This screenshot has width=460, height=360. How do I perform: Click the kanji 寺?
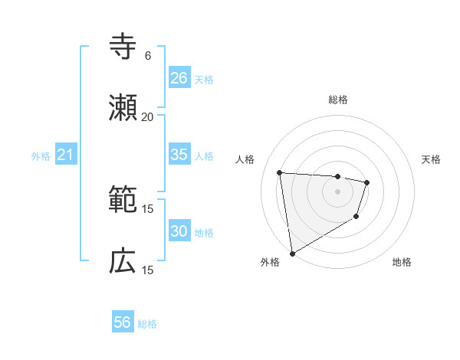[x=123, y=47]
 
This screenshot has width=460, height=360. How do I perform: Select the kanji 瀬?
[x=123, y=108]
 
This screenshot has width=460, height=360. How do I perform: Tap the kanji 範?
[x=123, y=200]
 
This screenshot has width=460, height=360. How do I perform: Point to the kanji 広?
[x=123, y=261]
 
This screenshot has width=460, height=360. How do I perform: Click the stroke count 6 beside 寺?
[x=148, y=56]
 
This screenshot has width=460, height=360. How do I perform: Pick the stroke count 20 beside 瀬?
[x=148, y=117]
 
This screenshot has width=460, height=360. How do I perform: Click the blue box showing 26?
[x=179, y=78]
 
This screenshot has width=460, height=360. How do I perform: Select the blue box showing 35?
[x=179, y=155]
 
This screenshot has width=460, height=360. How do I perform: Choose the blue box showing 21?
[x=66, y=155]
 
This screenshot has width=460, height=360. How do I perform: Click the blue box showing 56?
[x=123, y=323]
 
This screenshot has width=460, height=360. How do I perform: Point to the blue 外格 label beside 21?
[x=41, y=156]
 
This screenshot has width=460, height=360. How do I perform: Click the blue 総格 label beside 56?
[x=147, y=324]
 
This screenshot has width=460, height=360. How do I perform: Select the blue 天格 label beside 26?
[x=204, y=79]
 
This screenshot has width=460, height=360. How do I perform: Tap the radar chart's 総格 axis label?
[x=338, y=100]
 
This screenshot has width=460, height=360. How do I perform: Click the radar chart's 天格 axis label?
[x=431, y=159]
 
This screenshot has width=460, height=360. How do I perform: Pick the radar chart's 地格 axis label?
[x=402, y=262]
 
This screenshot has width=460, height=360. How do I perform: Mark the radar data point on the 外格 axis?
[x=292, y=253]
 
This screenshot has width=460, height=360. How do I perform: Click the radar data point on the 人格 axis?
[x=280, y=172]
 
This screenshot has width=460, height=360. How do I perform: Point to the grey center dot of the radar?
[x=337, y=191]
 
